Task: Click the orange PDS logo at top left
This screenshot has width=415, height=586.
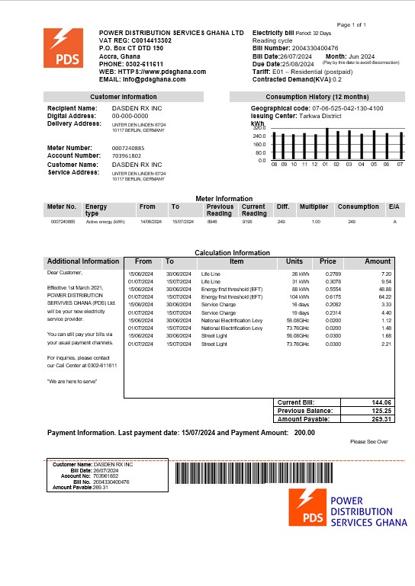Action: tap(63, 47)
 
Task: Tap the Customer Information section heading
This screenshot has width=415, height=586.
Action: tap(124, 98)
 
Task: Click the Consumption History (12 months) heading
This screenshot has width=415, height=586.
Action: tap(314, 98)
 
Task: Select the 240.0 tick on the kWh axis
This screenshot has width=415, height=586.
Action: tap(261, 136)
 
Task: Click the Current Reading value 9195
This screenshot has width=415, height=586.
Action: tap(249, 222)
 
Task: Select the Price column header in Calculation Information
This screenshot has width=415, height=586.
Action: tap(328, 261)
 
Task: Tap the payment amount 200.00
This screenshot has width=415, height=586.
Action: tap(305, 433)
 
